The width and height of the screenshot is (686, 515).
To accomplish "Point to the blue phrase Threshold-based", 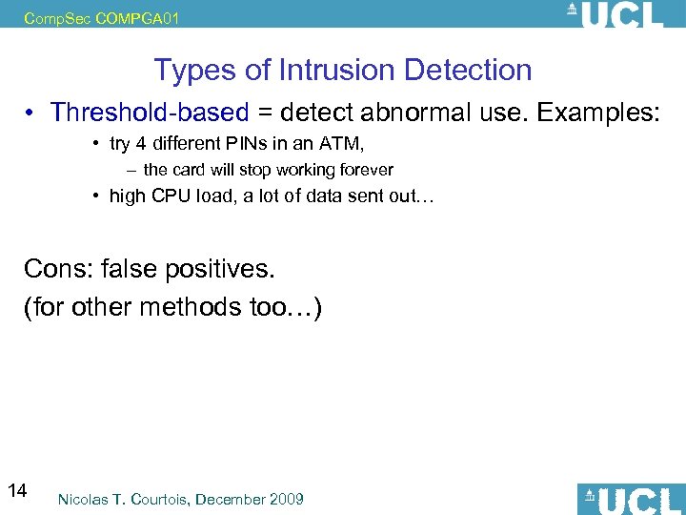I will tap(150, 113).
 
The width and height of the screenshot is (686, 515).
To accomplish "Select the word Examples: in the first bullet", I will tap(597, 113).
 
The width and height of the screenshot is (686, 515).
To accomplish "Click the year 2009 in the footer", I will tap(285, 499).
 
